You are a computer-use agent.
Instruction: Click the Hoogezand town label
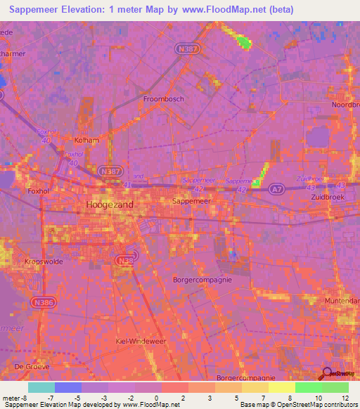[x=109, y=204]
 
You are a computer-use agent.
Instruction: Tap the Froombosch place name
[x=163, y=99]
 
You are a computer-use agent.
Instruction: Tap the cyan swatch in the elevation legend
[x=41, y=387]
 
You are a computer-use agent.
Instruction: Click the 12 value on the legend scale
[x=345, y=397]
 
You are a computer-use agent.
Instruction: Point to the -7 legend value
[x=51, y=397]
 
